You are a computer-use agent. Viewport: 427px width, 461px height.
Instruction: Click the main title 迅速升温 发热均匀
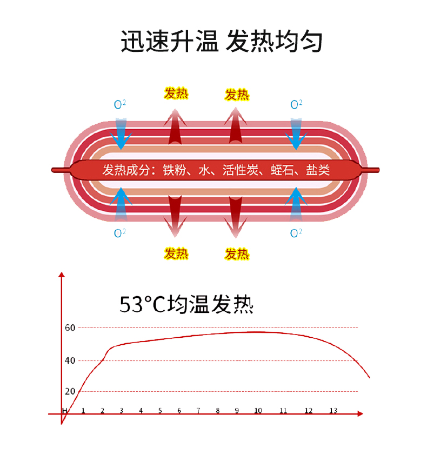221,41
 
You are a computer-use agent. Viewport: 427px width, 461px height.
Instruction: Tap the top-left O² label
120,104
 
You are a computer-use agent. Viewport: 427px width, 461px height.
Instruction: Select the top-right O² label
296,104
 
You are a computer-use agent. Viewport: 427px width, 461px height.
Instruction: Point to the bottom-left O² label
120,233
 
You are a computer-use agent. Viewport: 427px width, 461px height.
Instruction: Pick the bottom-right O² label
296,233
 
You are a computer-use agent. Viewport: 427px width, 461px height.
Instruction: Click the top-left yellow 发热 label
176,93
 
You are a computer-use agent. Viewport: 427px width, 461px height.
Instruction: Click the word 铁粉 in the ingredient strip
172,170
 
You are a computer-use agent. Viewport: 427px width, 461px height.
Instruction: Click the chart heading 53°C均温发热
186,304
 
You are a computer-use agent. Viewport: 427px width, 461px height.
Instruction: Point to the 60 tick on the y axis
69,327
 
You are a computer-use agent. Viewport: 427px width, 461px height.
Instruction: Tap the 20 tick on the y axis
69,391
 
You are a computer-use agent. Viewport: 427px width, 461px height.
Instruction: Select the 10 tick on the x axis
258,411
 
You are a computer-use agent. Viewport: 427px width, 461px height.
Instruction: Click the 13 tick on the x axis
333,411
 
